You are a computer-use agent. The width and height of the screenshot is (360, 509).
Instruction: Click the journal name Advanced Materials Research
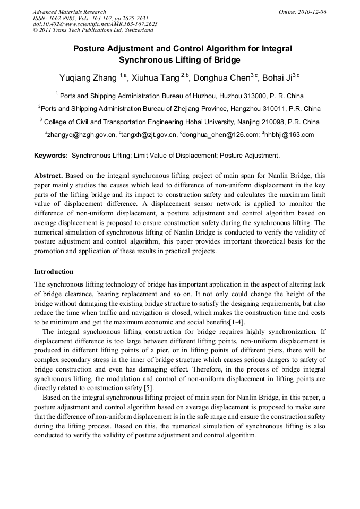click(x=69, y=12)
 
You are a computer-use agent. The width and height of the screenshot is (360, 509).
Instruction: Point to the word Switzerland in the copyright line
click(x=137, y=30)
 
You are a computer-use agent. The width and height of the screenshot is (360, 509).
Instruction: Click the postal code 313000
click(x=247, y=96)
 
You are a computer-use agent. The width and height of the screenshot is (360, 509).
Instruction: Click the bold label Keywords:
click(x=51, y=156)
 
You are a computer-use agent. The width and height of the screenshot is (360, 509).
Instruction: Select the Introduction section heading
click(x=54, y=271)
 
